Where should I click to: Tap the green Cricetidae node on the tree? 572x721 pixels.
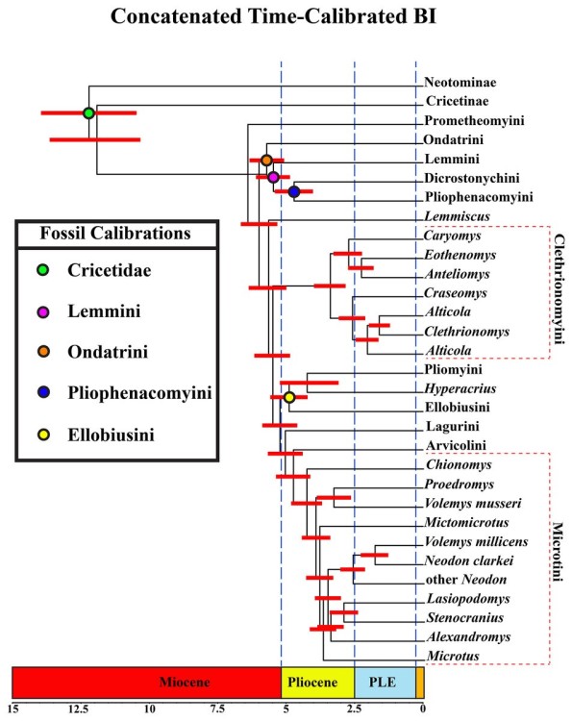coord(89,113)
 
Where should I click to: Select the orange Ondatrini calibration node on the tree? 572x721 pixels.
coord(267,160)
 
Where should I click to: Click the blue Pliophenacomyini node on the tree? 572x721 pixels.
coord(294,192)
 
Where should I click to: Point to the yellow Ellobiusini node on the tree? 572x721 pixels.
coord(289,397)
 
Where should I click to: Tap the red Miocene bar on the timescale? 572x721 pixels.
coord(146,682)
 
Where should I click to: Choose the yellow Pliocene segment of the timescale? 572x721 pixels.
coord(317,682)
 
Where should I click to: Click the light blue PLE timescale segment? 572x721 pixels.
coord(385,682)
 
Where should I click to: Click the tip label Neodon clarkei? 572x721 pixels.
coord(463,560)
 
